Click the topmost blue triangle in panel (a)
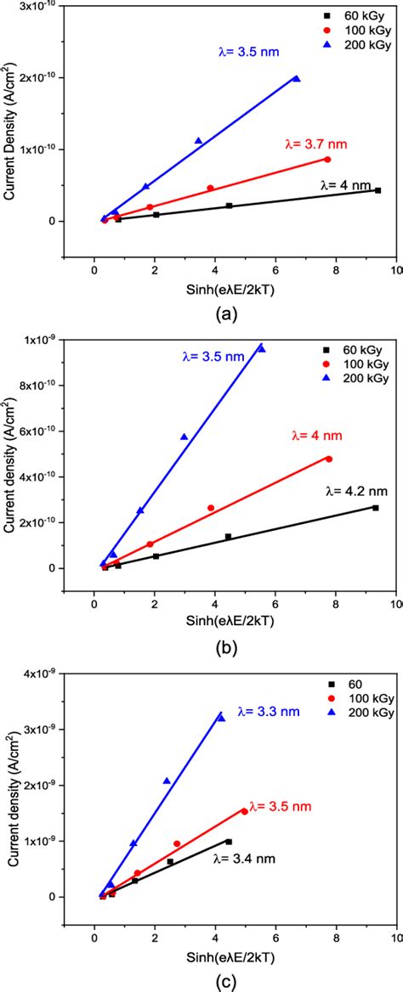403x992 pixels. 296,78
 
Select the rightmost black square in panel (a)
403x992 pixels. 377,190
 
